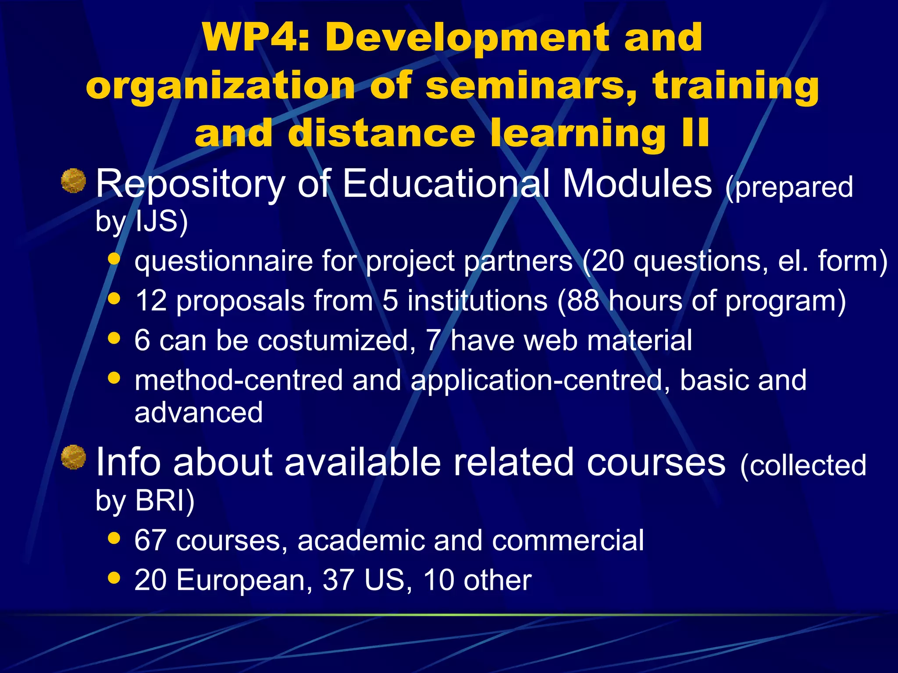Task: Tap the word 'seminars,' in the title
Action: tap(531, 86)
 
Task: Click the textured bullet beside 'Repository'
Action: tap(73, 181)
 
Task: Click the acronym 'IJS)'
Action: tap(161, 221)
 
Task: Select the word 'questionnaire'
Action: tap(223, 262)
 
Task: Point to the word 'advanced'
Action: tap(199, 412)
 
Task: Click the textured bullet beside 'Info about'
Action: tap(73, 457)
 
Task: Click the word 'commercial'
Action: tap(568, 540)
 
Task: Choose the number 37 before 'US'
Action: tap(338, 580)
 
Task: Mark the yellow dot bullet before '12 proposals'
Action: tap(114, 298)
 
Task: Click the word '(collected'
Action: tap(803, 465)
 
